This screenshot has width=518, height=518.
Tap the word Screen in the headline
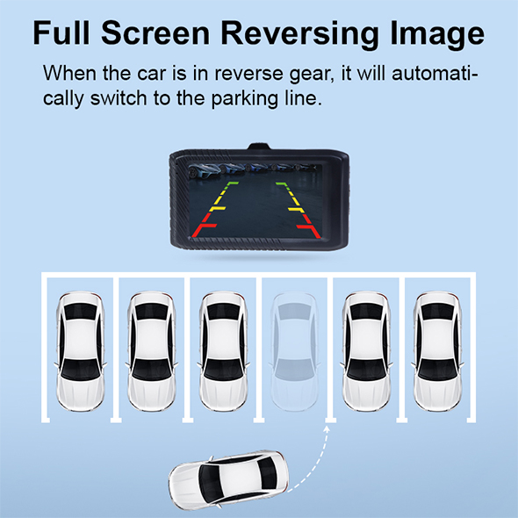pyautogui.click(x=155, y=33)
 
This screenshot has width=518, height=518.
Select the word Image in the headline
pyautogui.click(x=437, y=34)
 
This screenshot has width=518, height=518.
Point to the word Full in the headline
pyautogui.click(x=61, y=32)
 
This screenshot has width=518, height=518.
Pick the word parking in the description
pyautogui.click(x=244, y=98)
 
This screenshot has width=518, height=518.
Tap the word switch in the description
pyautogui.click(x=119, y=98)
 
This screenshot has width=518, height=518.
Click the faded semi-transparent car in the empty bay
pyautogui.click(x=294, y=351)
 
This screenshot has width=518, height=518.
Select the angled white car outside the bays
pyautogui.click(x=229, y=479)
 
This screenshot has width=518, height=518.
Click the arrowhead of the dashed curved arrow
pyautogui.click(x=327, y=428)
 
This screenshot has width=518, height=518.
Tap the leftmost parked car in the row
pyautogui.click(x=80, y=351)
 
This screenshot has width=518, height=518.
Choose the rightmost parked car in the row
pyautogui.click(x=437, y=351)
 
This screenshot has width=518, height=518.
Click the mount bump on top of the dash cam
pyautogui.click(x=259, y=147)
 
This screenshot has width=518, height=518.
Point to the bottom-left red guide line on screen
pyautogui.click(x=204, y=226)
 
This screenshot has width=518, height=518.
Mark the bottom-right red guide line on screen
pyautogui.click(x=309, y=226)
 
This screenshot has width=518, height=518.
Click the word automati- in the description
pyautogui.click(x=435, y=74)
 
